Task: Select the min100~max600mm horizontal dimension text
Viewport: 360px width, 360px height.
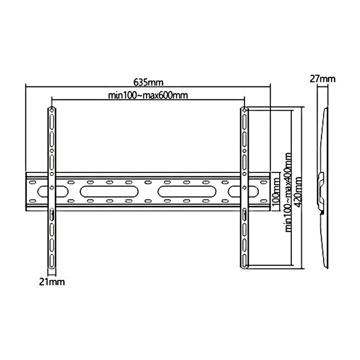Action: pyautogui.click(x=147, y=95)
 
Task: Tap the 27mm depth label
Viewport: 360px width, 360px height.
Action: pyautogui.click(x=322, y=79)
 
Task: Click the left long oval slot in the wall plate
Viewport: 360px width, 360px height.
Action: pyautogui.click(x=109, y=192)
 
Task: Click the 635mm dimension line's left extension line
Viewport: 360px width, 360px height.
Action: pyautogui.click(x=26, y=129)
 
